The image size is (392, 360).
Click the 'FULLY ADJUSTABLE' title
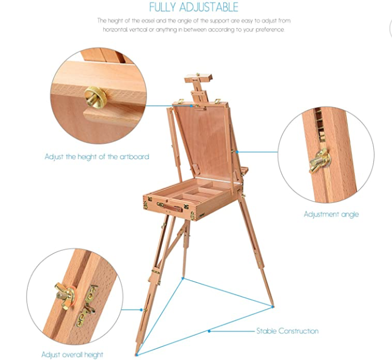pyautogui.click(x=194, y=7)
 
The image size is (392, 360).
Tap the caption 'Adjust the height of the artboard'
pyautogui.click(x=97, y=157)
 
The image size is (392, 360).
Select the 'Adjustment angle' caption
pyautogui.click(x=331, y=214)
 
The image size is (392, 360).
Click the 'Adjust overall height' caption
pyautogui.click(x=72, y=355)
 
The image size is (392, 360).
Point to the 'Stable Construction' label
pyautogui.click(x=288, y=331)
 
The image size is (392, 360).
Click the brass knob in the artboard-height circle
pyautogui.click(x=95, y=97)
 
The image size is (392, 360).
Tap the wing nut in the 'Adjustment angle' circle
pyautogui.click(x=320, y=160)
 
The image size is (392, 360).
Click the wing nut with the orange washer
pyautogui.click(x=65, y=296)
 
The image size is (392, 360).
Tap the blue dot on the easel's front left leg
pyautogui.click(x=142, y=310)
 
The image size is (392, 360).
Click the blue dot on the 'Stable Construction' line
pyautogui.click(x=209, y=331)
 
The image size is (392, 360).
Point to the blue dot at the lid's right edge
pyautogui.click(x=237, y=152)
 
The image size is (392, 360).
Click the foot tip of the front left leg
pyautogui.click(x=136, y=354)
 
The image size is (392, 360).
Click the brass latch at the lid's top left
pyautogui.click(x=181, y=102)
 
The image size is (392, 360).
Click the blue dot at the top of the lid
pyautogui.click(x=191, y=106)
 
